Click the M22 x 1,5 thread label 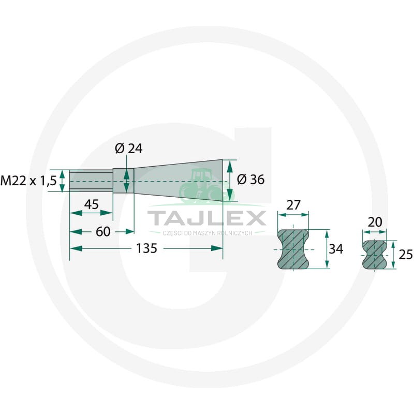(28, 181)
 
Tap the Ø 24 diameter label (128, 149)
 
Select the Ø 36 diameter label (250, 180)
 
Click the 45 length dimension (92, 204)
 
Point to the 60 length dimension (103, 231)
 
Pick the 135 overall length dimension (146, 248)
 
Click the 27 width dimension (293, 205)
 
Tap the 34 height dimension (336, 249)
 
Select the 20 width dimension (375, 223)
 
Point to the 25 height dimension (406, 255)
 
